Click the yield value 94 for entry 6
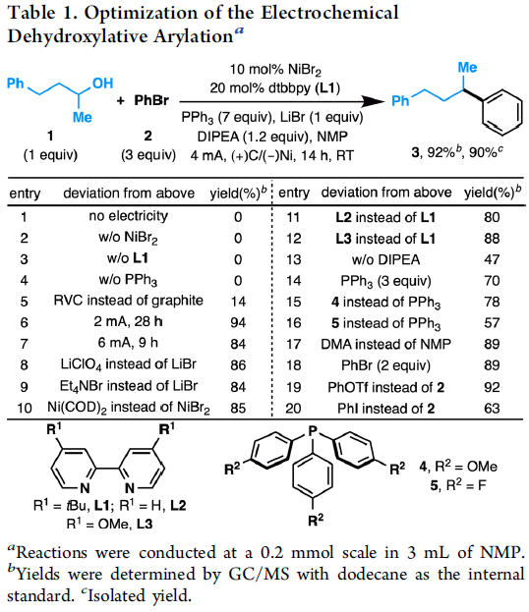coord(238,323)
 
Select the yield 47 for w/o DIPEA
coord(492,259)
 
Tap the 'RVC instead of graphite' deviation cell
coord(128,301)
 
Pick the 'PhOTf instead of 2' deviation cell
coord(386,387)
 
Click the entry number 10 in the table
coord(25,409)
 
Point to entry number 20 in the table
coord(293,409)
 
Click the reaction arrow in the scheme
coord(281,101)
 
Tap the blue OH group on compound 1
coord(103,83)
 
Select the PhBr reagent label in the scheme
coord(151,100)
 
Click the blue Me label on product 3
coord(467,68)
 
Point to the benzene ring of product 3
coord(502,112)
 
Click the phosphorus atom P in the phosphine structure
coord(313,431)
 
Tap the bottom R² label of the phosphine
coord(316,520)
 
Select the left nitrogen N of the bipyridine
coord(85,488)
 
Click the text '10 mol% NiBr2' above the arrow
coord(275,70)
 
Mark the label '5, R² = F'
coord(458,485)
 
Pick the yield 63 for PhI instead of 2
coord(492,409)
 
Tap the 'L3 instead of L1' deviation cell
coord(385,239)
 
